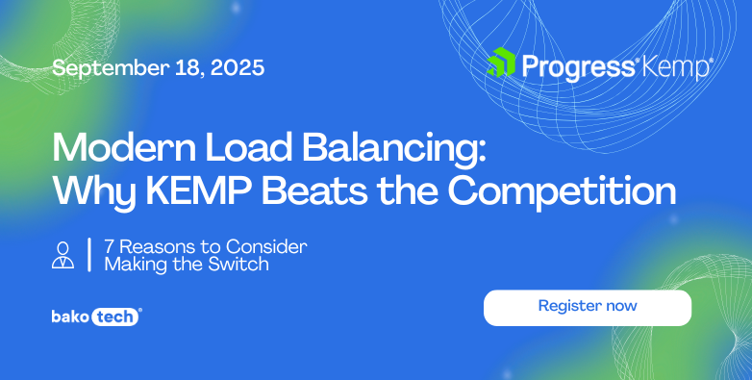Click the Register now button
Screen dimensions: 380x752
(x=587, y=307)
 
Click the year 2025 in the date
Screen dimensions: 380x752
(x=237, y=68)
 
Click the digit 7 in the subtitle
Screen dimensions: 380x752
(x=109, y=246)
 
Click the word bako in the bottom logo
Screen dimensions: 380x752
(x=70, y=317)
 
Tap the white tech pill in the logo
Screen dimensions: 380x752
(x=116, y=317)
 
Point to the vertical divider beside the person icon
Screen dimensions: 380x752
(x=89, y=254)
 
